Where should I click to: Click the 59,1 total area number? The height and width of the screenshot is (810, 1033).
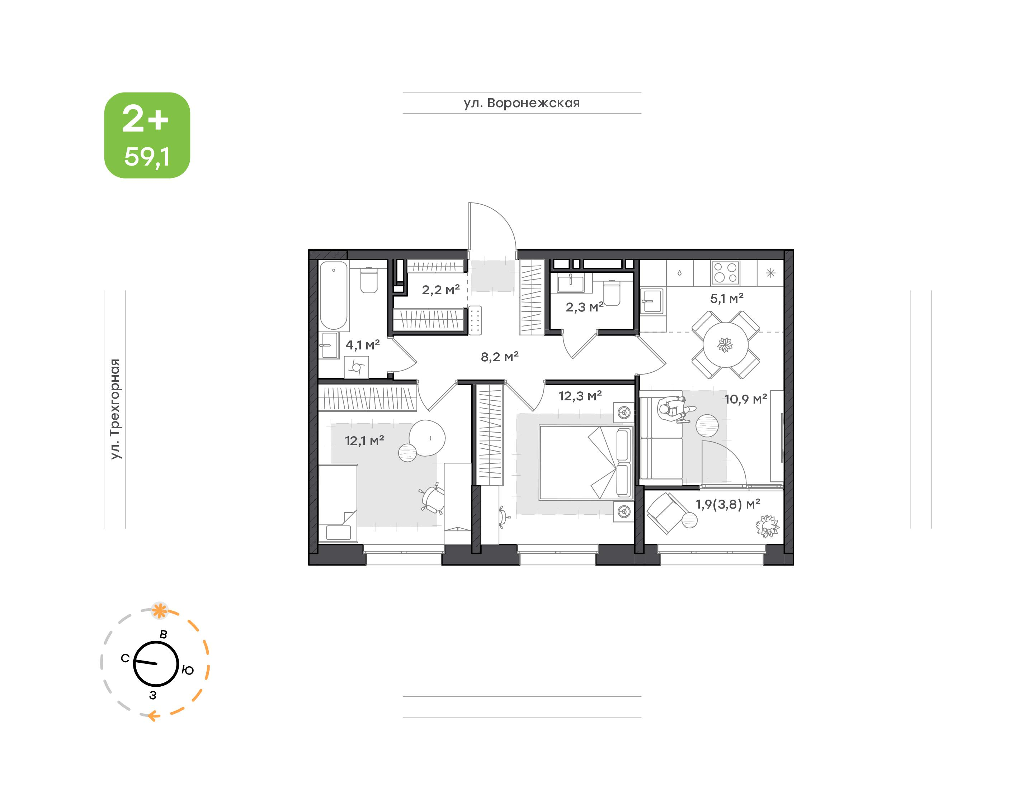[147, 157]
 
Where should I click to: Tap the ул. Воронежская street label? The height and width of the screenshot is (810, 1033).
[522, 103]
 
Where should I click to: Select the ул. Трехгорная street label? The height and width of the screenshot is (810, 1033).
[115, 409]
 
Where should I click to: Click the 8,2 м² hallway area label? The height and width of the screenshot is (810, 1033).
[500, 357]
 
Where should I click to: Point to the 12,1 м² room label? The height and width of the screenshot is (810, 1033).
[364, 440]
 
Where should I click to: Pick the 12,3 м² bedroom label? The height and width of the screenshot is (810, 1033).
[580, 396]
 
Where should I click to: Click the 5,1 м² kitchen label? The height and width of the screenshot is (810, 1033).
[726, 298]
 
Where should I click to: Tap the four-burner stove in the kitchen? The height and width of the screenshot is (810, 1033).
[725, 273]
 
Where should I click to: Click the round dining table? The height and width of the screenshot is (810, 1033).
[725, 345]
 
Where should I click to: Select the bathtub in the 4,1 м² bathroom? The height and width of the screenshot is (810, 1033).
[334, 295]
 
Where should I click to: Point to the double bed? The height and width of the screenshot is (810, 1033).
[586, 462]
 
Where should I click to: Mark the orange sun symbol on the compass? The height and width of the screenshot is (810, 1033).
[160, 611]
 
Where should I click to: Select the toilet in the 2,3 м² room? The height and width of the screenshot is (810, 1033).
[612, 293]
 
